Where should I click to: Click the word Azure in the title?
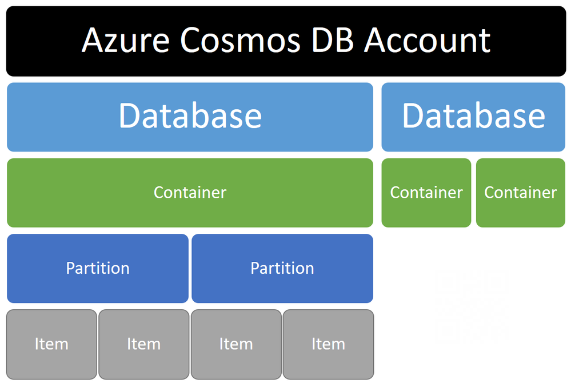coord(125,41)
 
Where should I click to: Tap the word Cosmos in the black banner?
coord(240,41)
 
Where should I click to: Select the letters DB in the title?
coord(333,41)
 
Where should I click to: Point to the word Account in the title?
coord(428,41)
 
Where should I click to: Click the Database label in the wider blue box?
coord(190,116)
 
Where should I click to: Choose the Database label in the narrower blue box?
coord(473,116)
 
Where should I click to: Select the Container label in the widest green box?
coord(190,193)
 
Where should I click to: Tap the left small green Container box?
coord(426,193)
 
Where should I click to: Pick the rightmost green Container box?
coord(521,193)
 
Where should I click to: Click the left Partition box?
coord(98,268)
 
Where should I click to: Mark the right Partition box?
coord(282,268)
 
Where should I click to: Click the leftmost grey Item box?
coord(51,344)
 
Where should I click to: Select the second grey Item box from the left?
coord(144,344)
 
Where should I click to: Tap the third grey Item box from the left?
coord(236,344)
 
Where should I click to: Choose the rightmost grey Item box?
coord(328,344)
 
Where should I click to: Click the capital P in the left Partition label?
coord(71,268)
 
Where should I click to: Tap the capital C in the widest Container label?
coord(159,192)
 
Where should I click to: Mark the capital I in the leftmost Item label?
coord(37,344)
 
